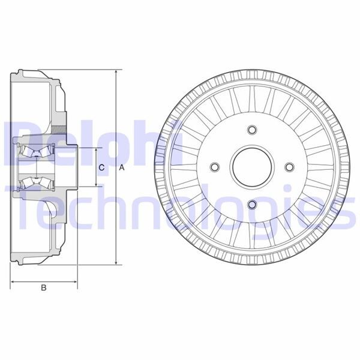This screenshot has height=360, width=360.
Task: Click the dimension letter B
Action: [43, 288]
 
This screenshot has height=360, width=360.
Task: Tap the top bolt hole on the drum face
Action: [251, 130]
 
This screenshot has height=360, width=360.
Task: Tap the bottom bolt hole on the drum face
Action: [251, 205]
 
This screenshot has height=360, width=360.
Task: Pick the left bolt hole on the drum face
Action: [214, 167]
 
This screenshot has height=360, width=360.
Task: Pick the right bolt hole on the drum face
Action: [289, 167]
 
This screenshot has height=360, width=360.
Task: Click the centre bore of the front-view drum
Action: [251, 167]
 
